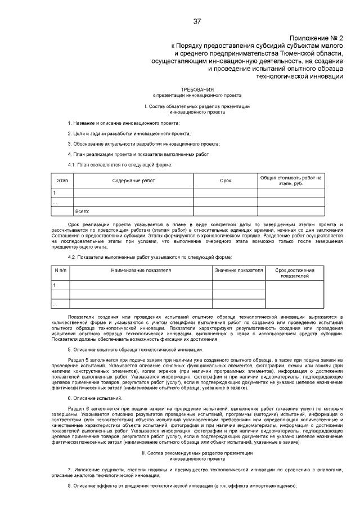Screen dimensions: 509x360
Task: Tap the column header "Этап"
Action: (x=62, y=181)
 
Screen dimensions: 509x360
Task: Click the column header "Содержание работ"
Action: (x=133, y=181)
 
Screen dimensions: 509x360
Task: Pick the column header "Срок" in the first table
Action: (x=226, y=181)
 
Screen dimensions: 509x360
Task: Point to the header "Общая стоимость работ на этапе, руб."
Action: (x=291, y=181)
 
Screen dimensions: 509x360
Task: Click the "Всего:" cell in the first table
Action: (x=83, y=211)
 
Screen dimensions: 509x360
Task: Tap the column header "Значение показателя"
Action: (x=238, y=271)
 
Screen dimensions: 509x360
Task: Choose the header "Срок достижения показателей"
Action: (x=294, y=273)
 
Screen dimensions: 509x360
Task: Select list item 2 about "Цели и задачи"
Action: (x=129, y=133)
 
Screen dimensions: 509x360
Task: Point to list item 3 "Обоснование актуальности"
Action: (x=143, y=143)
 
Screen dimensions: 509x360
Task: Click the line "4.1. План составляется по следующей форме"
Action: (x=120, y=164)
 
